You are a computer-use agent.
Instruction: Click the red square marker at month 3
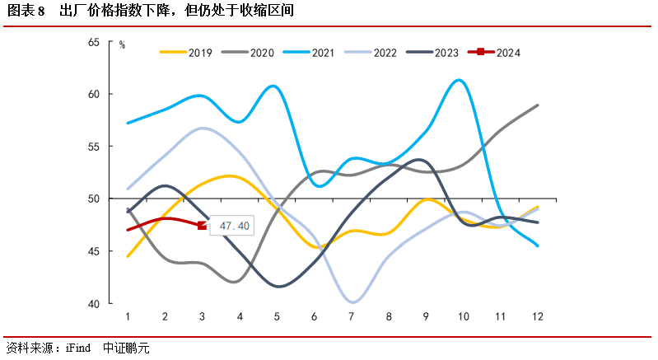pyautogui.click(x=203, y=226)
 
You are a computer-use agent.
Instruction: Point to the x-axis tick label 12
pyautogui.click(x=537, y=317)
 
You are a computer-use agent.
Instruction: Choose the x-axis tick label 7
pyautogui.click(x=352, y=317)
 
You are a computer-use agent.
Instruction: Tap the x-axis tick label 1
pyautogui.click(x=128, y=317)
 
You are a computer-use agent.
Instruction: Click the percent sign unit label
pyautogui.click(x=122, y=45)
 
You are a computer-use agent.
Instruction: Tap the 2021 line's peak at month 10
pyautogui.click(x=460, y=80)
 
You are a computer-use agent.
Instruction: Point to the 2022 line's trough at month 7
pyautogui.click(x=352, y=302)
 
